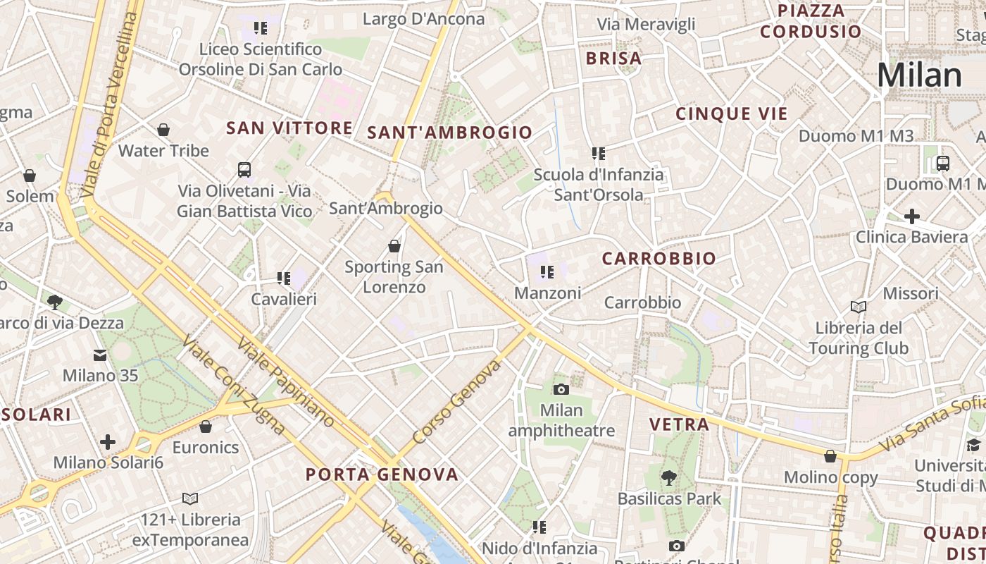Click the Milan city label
tap(919, 75)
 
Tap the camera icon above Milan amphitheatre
tap(561, 389)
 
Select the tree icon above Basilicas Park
tap(669, 478)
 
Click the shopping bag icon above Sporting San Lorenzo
tap(394, 246)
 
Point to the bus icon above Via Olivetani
tap(244, 170)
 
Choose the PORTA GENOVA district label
tap(382, 474)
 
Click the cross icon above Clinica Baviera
tap(912, 216)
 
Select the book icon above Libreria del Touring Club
tap(859, 307)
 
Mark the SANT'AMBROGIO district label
tap(450, 133)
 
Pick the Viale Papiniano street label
tap(285, 383)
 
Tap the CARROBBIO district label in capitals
tap(659, 259)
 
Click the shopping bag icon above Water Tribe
tap(163, 130)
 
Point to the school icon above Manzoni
tap(547, 271)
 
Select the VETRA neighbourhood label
tap(679, 424)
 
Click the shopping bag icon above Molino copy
tap(830, 456)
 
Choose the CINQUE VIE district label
tap(731, 114)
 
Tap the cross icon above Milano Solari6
tap(108, 442)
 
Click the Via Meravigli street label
tap(646, 24)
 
